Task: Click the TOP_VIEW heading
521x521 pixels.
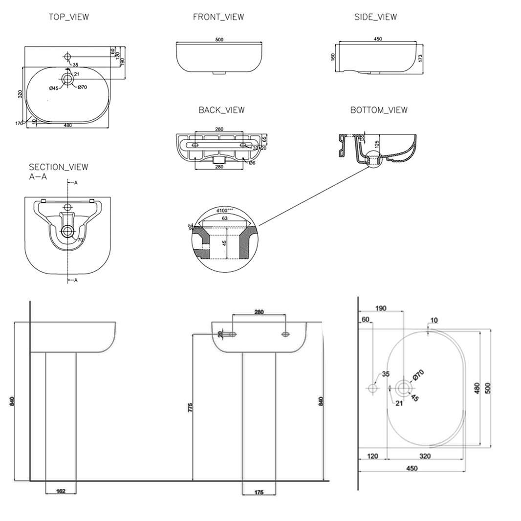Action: pos(68,17)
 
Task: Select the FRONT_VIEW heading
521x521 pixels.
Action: pos(218,17)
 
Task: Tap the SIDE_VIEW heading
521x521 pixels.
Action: pos(375,17)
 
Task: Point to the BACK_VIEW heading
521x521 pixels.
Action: pos(221,110)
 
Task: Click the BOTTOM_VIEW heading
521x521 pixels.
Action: pos(379,110)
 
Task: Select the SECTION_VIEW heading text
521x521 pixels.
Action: pos(58,167)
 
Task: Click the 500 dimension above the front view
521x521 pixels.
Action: pos(219,40)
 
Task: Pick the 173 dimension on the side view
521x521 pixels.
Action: pos(420,58)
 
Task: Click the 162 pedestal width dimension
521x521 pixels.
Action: pos(61,492)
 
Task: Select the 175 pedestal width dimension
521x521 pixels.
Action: pos(259,492)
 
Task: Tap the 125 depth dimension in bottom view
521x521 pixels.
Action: pos(376,145)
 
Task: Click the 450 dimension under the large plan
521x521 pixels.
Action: pos(412,468)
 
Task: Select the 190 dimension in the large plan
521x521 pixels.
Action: pos(381,308)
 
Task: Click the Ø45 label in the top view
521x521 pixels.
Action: pos(54,87)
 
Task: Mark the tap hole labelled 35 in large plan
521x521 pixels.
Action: pos(373,389)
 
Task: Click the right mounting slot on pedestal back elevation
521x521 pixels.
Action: pos(285,334)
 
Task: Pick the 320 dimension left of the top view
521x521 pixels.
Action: pos(20,94)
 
